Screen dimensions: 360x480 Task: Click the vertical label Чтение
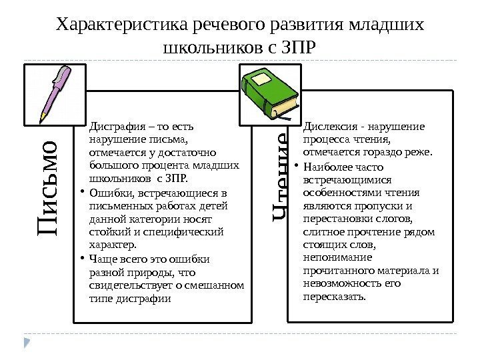280,176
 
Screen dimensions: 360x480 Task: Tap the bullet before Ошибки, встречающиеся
81,194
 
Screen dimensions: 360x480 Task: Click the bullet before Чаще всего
81,259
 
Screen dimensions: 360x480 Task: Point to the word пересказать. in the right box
334,296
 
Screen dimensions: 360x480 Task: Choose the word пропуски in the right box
385,205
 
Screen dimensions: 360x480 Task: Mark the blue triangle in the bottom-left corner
27,343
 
